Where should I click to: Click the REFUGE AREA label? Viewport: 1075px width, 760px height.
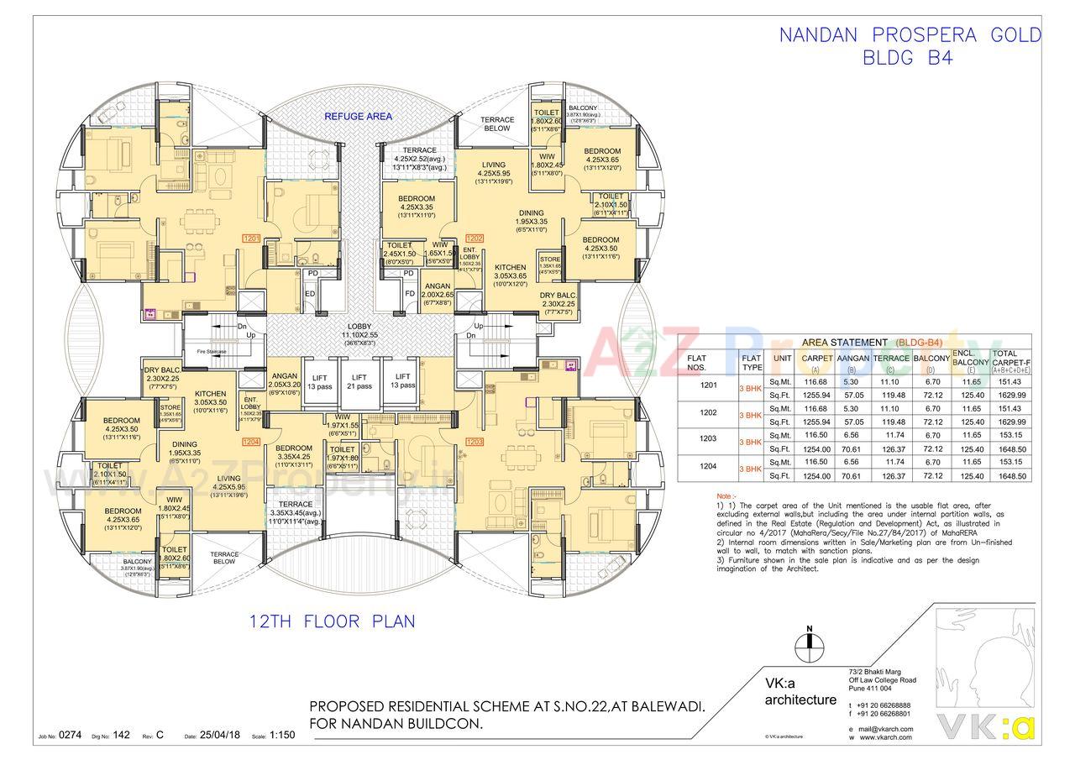pyautogui.click(x=359, y=117)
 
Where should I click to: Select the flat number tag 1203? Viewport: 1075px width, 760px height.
pyautogui.click(x=475, y=441)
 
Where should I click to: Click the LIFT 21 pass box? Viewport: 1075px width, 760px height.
pyautogui.click(x=360, y=381)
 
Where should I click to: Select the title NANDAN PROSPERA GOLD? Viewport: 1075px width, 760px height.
pyautogui.click(x=910, y=35)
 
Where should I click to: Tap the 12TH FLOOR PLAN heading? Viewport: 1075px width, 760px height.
pyautogui.click(x=332, y=622)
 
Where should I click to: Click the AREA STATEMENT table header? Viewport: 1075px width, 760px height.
pyautogui.click(x=844, y=342)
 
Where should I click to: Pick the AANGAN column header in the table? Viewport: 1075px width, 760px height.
pyautogui.click(x=852, y=359)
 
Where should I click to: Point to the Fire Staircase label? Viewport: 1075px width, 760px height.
pyautogui.click(x=213, y=351)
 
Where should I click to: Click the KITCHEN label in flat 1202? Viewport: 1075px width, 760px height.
pyautogui.click(x=510, y=268)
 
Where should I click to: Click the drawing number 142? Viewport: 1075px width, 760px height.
pyautogui.click(x=122, y=735)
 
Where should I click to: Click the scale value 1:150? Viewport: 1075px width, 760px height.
pyautogui.click(x=283, y=735)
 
